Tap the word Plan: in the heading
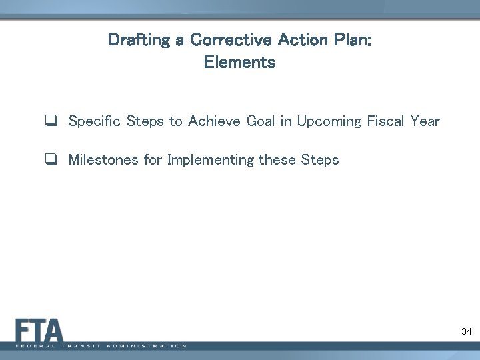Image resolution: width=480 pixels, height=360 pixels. coord(348,39)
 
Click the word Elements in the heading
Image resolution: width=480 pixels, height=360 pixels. coord(239,64)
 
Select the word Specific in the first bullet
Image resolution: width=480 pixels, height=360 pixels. coord(93,121)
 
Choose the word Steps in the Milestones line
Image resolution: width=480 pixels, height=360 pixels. coord(321,161)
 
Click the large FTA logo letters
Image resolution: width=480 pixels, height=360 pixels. coord(39,330)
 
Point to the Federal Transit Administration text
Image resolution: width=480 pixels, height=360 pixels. coord(100,346)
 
